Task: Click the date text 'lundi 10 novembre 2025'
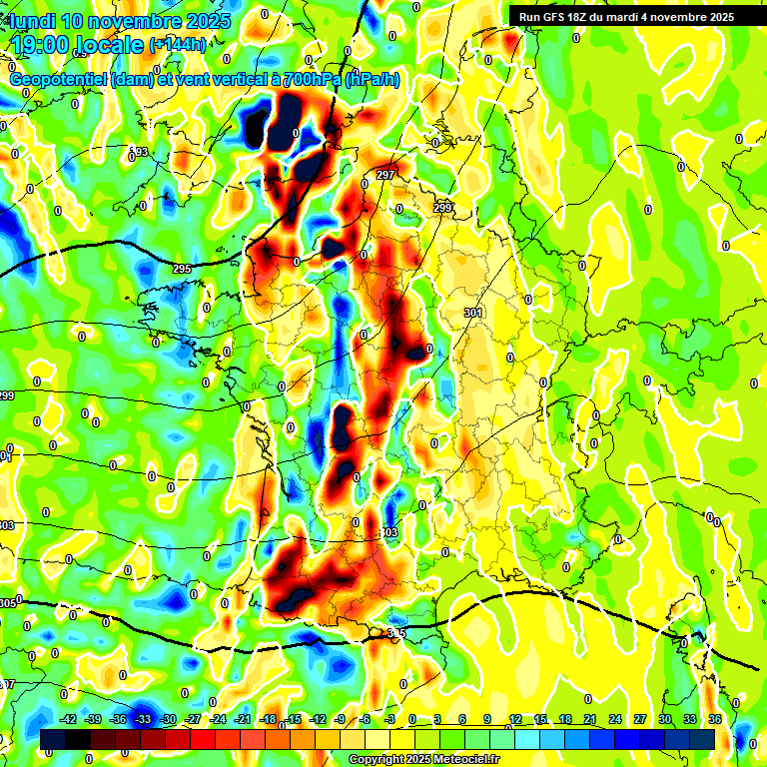(120, 21)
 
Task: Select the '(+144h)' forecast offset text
(178, 45)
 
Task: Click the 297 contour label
(385, 175)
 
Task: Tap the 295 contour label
(181, 270)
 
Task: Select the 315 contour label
(396, 633)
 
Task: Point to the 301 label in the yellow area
(474, 313)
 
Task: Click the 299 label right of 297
(442, 208)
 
